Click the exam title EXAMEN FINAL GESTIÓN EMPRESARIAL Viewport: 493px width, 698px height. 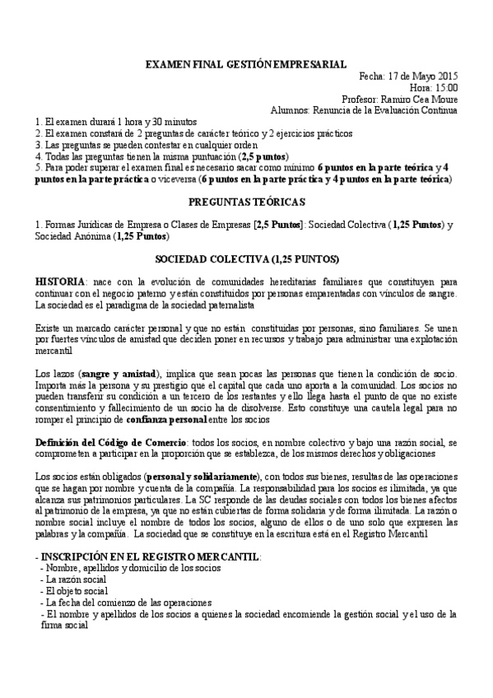point(246,64)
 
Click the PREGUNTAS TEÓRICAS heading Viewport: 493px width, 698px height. point(246,201)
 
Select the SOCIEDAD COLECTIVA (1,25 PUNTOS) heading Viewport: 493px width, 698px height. point(246,258)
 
